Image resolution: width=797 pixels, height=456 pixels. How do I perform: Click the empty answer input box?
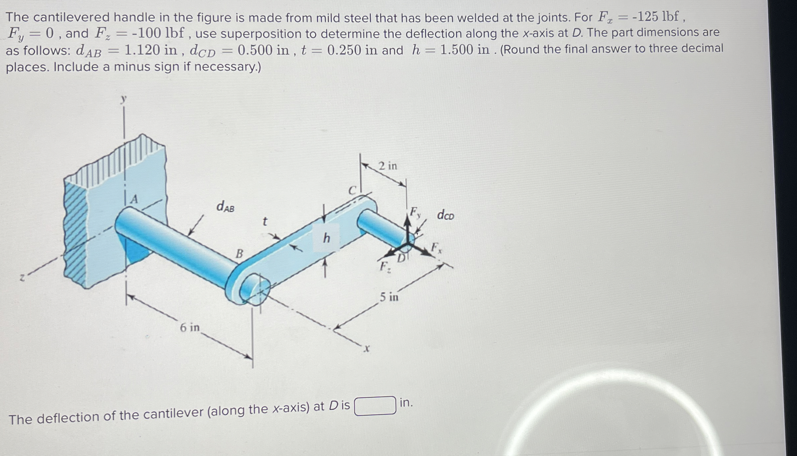click(375, 405)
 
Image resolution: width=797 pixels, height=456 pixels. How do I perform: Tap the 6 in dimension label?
click(190, 328)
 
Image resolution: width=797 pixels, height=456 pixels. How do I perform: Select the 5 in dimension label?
click(389, 297)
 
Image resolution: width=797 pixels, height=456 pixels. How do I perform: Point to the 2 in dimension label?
click(388, 166)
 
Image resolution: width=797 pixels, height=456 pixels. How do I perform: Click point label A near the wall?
click(134, 199)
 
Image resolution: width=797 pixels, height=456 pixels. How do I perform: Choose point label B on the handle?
click(239, 254)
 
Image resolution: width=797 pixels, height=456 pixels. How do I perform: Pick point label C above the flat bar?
click(352, 190)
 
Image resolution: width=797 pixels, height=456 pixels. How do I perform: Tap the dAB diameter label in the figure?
click(225, 207)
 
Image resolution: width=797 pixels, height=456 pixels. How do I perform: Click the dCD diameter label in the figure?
click(445, 215)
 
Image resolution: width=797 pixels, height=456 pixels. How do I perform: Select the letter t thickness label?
click(265, 222)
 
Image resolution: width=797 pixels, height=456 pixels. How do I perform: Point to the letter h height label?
click(327, 238)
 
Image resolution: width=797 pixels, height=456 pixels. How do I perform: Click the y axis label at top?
click(123, 99)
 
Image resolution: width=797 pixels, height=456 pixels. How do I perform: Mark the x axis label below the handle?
click(366, 348)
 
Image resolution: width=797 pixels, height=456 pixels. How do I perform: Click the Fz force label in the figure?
click(385, 267)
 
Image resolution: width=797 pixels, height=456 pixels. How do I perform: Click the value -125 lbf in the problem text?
click(655, 17)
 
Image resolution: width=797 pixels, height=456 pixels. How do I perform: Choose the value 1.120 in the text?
click(151, 50)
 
